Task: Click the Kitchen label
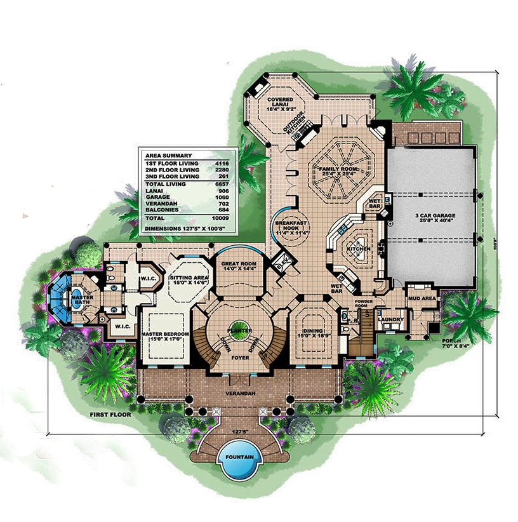pyautogui.click(x=358, y=249)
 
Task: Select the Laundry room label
pyautogui.click(x=388, y=319)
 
